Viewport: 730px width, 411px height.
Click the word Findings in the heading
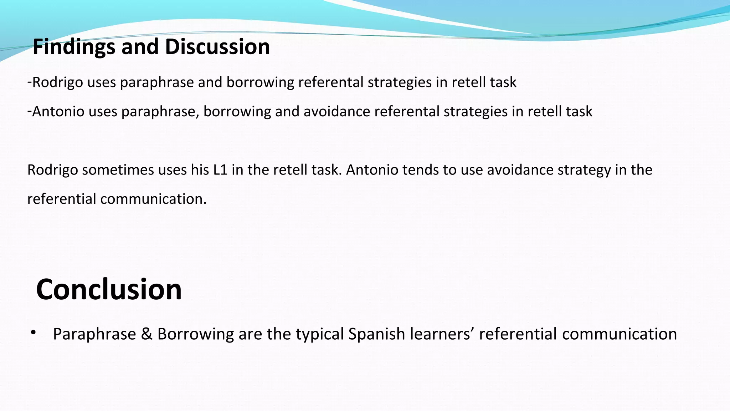74,47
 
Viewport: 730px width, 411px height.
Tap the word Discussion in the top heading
217,47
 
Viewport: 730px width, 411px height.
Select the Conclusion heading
109,289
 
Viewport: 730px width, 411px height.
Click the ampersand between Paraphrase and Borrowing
146,334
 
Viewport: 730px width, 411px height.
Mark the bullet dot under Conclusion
34,333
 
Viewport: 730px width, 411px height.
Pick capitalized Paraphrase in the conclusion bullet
94,334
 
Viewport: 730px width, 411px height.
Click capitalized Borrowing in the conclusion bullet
195,334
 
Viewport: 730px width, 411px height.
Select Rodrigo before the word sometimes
52,170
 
